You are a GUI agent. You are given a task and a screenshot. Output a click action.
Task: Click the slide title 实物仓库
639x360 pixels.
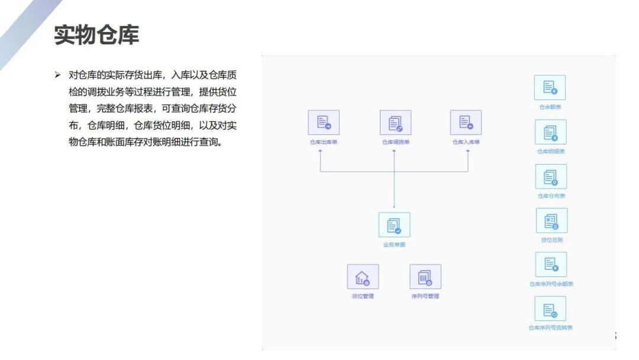[x=96, y=35]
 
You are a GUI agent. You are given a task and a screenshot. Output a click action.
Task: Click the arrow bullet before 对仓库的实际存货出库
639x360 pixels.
[x=57, y=75]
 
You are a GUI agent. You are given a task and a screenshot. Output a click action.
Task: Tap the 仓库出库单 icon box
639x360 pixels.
[x=324, y=123]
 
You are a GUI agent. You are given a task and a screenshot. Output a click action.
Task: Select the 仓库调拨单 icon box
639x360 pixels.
[x=395, y=123]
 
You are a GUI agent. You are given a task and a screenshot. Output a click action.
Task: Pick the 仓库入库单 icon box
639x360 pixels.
[x=466, y=123]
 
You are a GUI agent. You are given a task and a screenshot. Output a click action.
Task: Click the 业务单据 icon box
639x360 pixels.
[x=394, y=225]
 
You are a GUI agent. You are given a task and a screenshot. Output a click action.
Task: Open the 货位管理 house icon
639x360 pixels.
[x=363, y=277]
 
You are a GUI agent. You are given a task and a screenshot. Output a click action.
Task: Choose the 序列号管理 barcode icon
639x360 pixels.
[x=425, y=277]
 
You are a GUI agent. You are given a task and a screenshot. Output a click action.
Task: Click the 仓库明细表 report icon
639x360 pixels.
[x=550, y=132]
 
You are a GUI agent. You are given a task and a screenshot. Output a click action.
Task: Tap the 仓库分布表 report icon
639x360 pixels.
[x=551, y=176]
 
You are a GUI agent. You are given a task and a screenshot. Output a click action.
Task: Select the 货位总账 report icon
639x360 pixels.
[x=551, y=220]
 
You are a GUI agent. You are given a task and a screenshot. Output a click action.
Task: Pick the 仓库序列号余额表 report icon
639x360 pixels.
[x=551, y=265]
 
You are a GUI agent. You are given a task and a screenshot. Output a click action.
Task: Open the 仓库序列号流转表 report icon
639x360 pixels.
[x=550, y=308]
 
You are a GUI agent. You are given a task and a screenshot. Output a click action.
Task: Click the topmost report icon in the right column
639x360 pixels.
[x=550, y=88]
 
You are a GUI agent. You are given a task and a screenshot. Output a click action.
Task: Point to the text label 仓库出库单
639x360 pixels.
[x=324, y=142]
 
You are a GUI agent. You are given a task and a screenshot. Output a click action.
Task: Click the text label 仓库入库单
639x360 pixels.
[x=466, y=142]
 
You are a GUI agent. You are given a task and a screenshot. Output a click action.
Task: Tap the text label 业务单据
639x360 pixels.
[x=394, y=245]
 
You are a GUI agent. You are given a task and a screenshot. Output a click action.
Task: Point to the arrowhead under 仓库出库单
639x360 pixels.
[x=320, y=152]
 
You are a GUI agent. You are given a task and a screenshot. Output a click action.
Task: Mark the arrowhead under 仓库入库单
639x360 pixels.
[x=467, y=152]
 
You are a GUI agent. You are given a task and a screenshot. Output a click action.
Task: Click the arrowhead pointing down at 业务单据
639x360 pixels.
[x=394, y=207]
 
